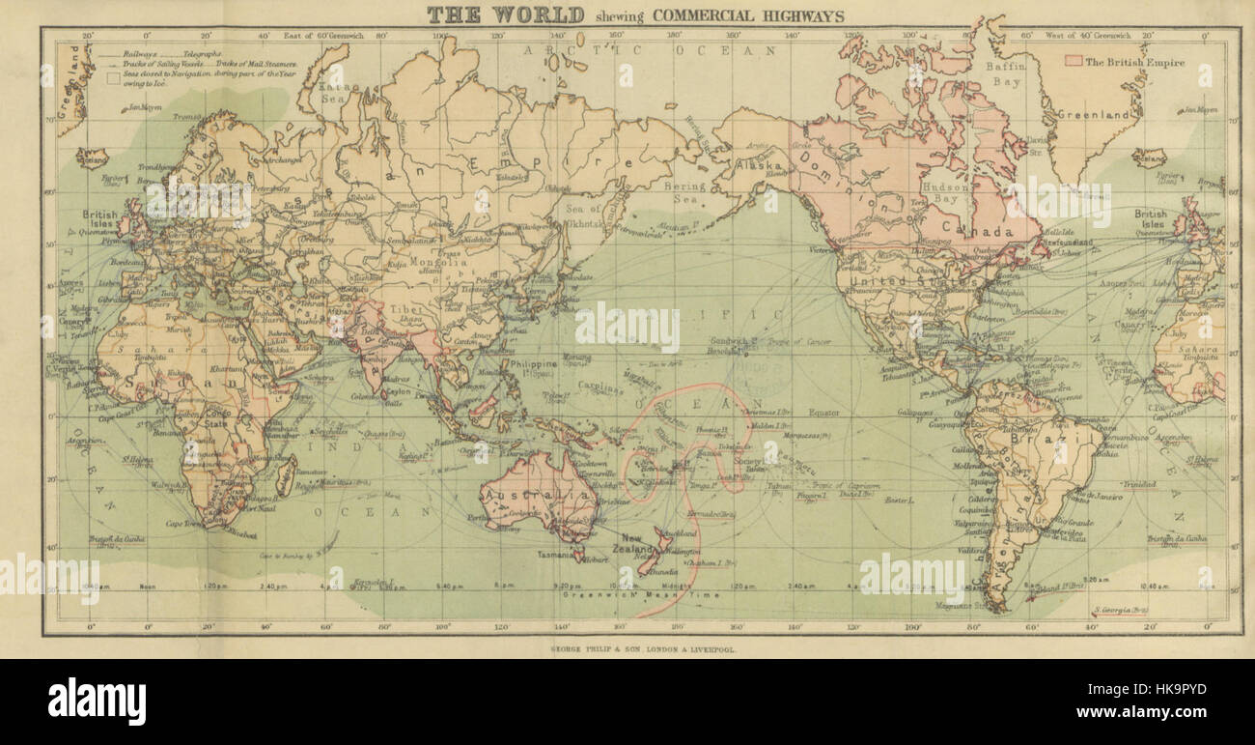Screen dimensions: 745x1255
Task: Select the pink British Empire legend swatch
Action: [1072, 61]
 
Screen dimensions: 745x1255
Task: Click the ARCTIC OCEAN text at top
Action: [649, 49]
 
